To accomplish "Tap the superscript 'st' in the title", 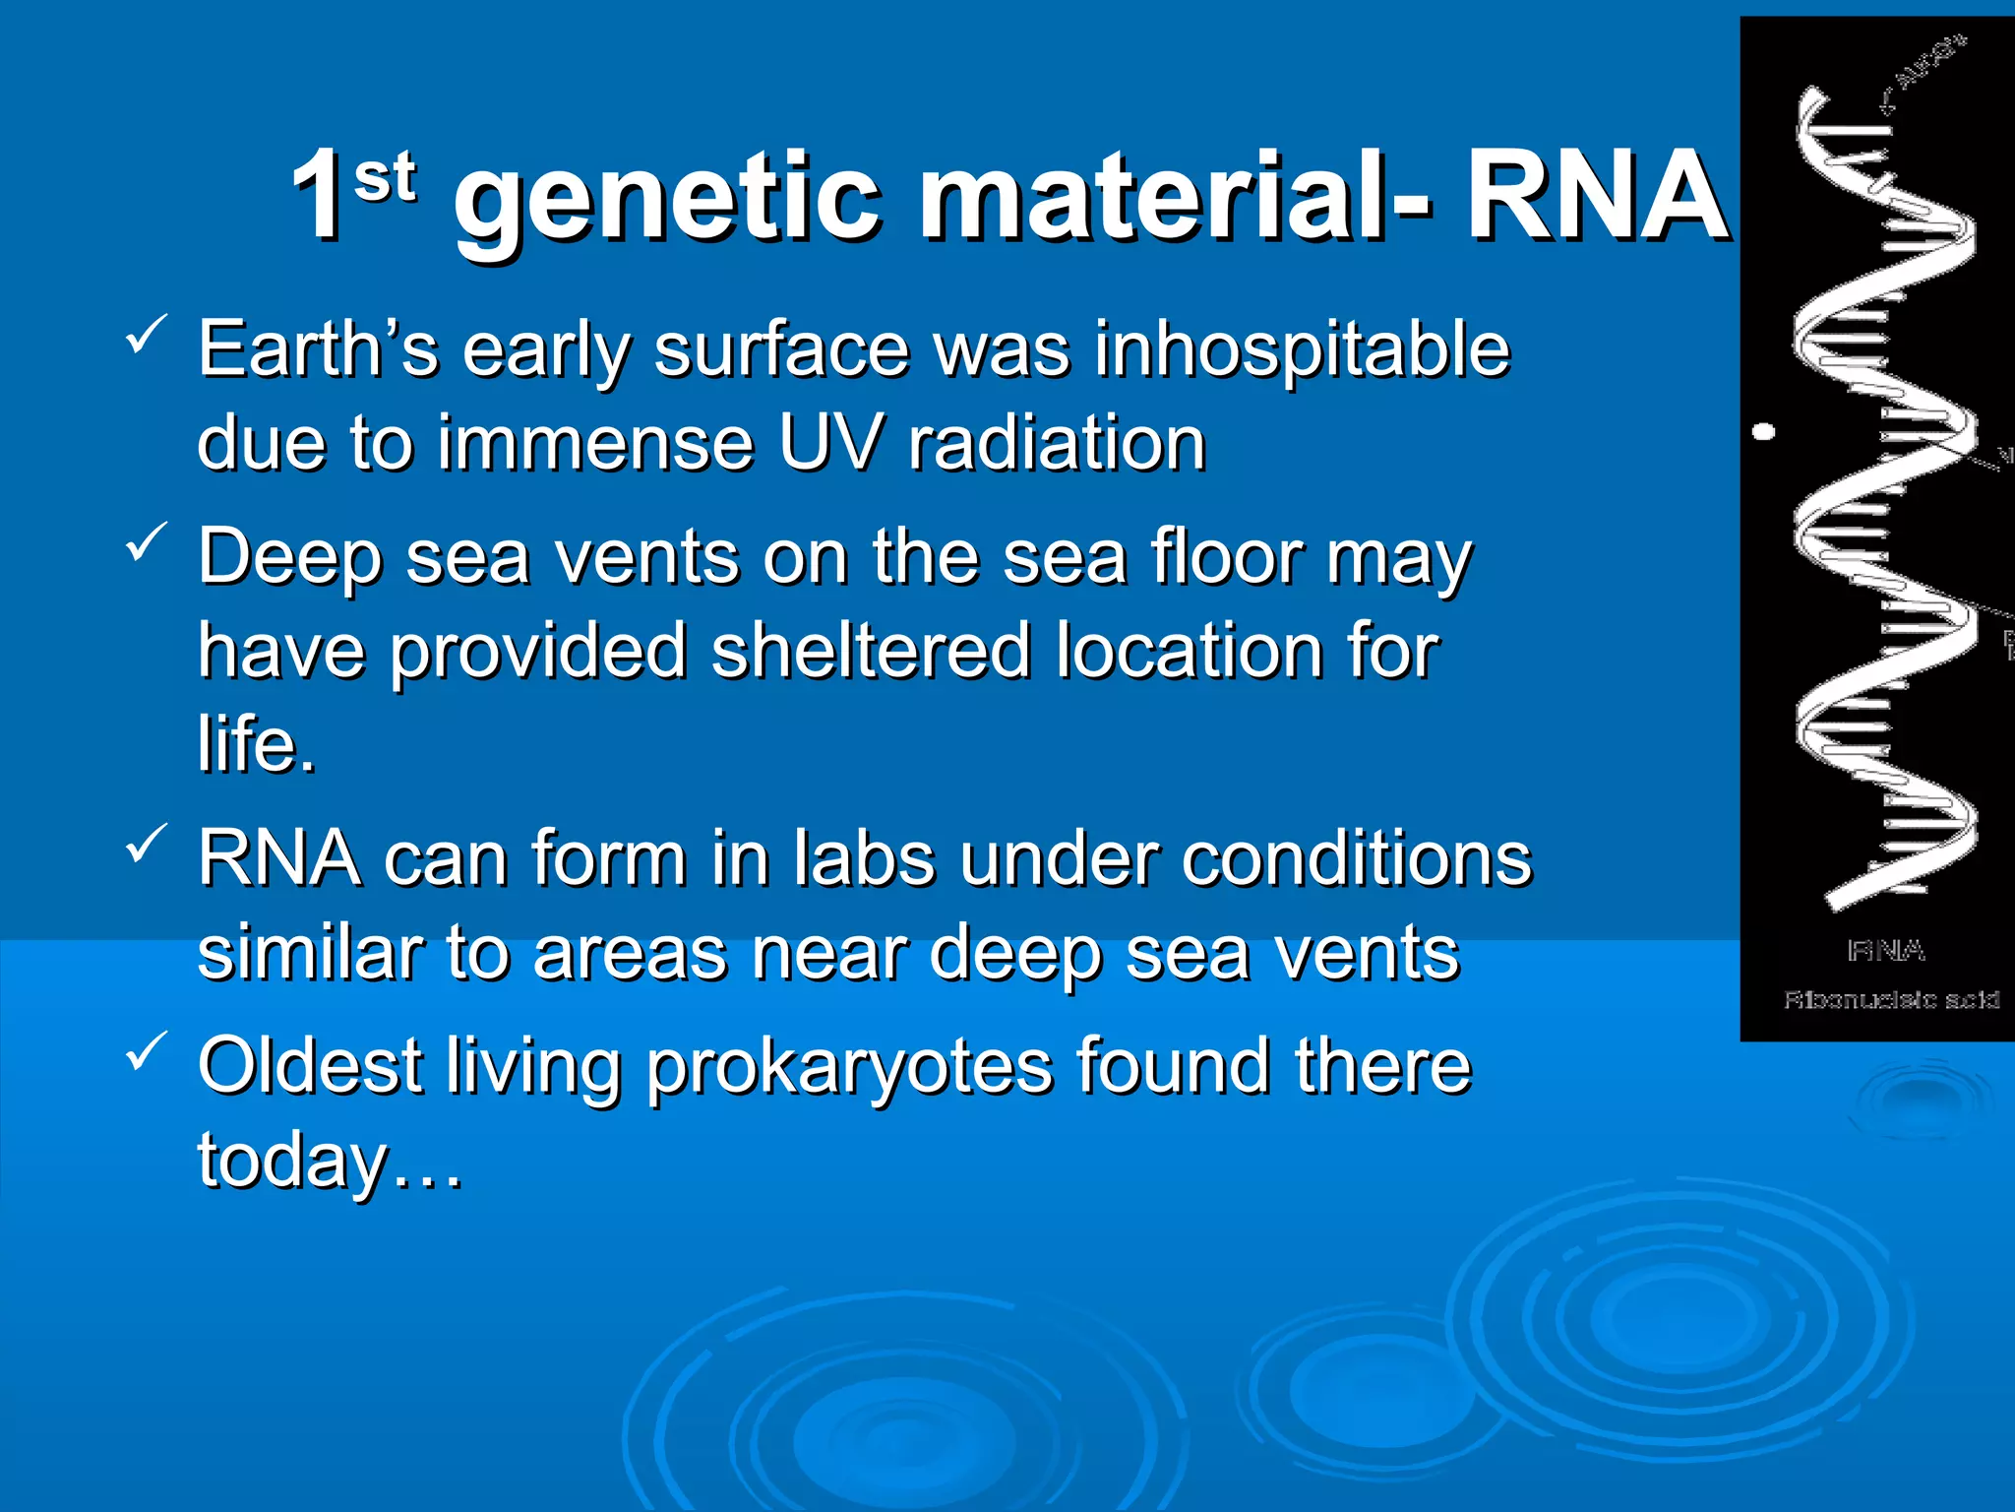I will click(385, 177).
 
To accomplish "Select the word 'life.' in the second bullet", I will click(257, 744).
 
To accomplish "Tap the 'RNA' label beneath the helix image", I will click(1886, 951).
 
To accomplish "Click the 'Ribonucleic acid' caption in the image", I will click(1891, 1000).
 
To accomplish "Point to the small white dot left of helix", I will click(1765, 431).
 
